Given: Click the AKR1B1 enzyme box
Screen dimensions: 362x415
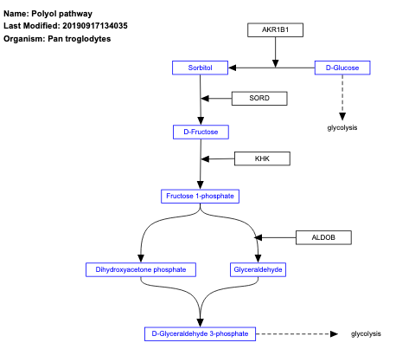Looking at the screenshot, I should tap(276, 30).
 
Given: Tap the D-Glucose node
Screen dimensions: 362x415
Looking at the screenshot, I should tap(342, 67).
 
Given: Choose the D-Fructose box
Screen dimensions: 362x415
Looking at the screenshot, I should tap(201, 132).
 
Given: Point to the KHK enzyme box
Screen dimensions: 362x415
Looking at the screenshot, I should tap(262, 158).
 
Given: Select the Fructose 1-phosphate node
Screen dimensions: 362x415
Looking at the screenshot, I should tap(201, 196).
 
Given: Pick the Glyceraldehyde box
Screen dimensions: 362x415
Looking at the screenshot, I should tap(259, 269).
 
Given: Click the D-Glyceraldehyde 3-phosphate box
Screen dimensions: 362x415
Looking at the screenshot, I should tap(200, 333).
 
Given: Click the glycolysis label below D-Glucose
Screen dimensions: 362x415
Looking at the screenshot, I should tap(342, 127).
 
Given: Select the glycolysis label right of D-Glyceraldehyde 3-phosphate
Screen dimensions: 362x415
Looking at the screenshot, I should tap(366, 333).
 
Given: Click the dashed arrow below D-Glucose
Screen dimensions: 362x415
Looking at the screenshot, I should tap(342, 95).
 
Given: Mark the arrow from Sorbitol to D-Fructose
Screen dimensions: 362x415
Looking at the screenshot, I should tap(200, 99).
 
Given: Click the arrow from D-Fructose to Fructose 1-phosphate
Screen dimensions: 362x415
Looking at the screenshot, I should tap(201, 164).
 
